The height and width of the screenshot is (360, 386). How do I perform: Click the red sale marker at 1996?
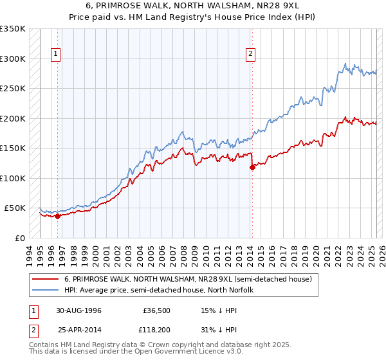(58, 216)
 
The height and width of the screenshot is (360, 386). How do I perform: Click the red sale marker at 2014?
(252, 167)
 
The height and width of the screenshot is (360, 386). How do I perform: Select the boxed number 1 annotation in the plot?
(57, 54)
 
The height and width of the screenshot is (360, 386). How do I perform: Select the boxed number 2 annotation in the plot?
(250, 54)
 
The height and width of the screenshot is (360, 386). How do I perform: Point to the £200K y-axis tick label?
(12, 118)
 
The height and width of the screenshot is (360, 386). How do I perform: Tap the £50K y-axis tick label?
(15, 208)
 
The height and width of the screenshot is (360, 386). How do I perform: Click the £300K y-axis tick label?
(12, 59)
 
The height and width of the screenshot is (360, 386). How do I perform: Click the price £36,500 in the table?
(156, 310)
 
